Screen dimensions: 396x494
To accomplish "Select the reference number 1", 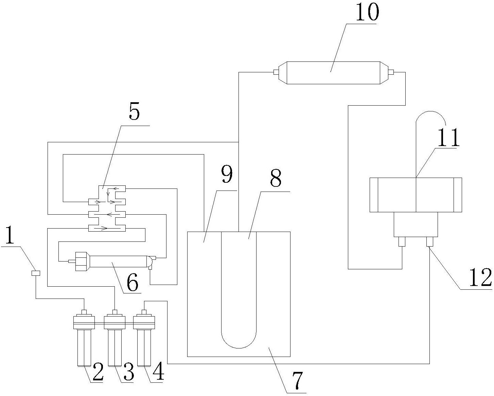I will (9, 237).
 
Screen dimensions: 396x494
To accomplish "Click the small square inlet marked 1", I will (35, 273).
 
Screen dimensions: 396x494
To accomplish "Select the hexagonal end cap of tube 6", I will (82, 261).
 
